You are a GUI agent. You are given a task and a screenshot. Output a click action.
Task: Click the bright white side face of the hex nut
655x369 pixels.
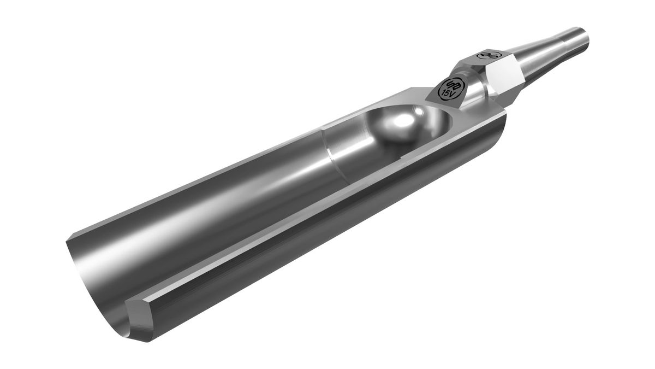tap(502, 77)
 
